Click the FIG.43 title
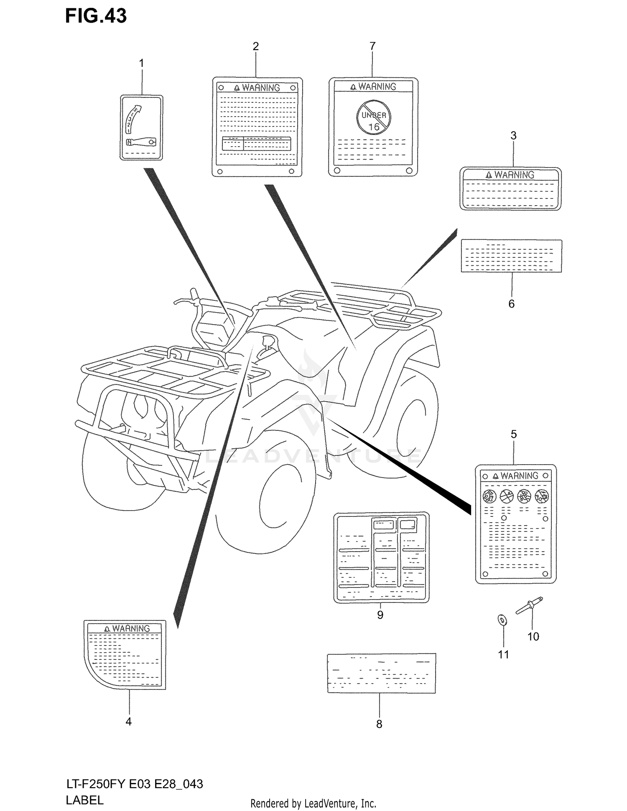coord(96,16)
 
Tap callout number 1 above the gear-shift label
coord(141,63)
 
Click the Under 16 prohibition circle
coord(374,117)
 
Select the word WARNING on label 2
coord(261,88)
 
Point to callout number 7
coord(372,46)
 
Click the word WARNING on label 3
coord(514,175)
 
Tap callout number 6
coord(511,304)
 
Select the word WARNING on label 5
coord(519,476)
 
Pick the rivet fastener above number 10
coord(529,605)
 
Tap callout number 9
coord(380,615)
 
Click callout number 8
coord(379,724)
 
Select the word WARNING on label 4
coord(131,628)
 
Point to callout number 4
coord(129,722)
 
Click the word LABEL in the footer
coord(84,800)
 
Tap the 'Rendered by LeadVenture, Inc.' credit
coord(313,803)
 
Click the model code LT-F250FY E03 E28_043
coord(135,784)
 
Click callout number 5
coord(514,434)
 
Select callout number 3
coord(513,135)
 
